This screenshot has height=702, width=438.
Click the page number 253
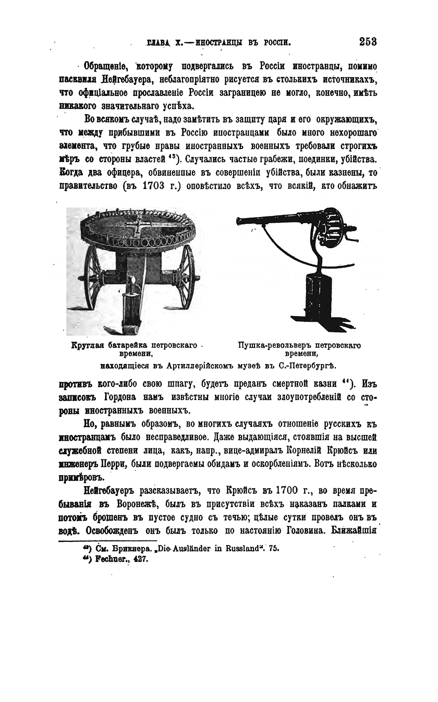(x=368, y=42)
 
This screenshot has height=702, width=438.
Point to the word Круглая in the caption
(x=87, y=345)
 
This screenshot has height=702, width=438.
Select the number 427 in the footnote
(x=140, y=559)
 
